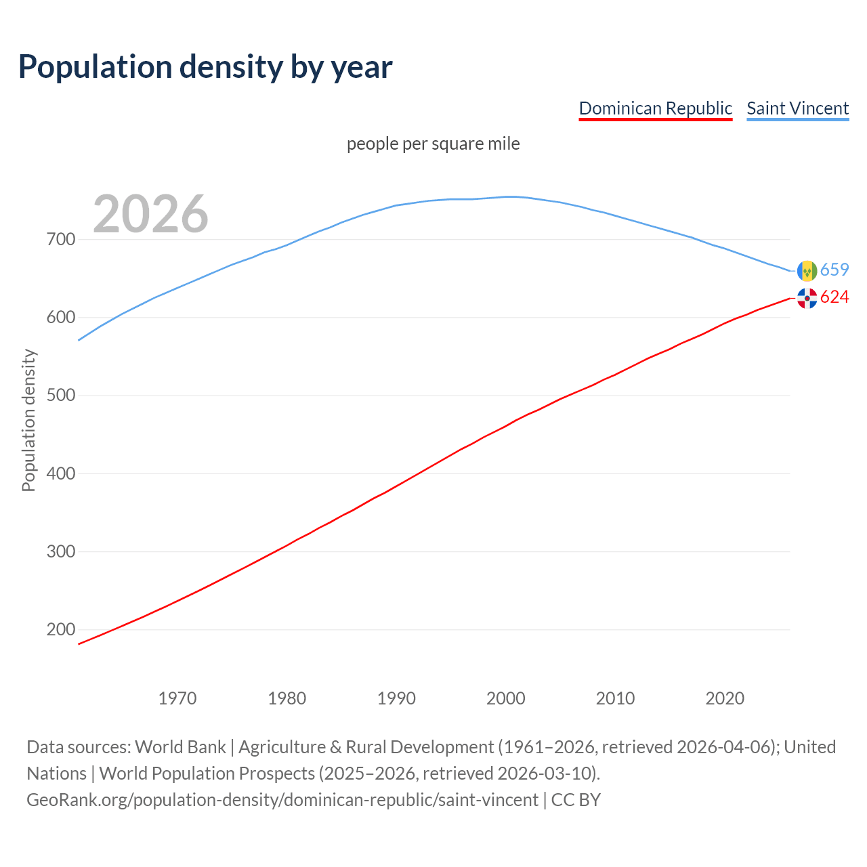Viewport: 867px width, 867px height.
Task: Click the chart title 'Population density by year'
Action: pos(205,66)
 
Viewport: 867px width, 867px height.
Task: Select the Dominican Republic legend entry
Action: pos(655,108)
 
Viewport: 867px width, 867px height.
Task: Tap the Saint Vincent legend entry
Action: pos(797,108)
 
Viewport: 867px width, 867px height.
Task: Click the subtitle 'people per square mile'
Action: pos(433,144)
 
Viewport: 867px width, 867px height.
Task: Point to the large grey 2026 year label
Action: pos(150,214)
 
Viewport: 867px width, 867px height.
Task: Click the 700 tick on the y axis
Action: pos(61,239)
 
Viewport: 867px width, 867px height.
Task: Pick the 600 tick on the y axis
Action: pos(61,317)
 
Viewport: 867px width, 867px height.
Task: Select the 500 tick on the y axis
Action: pos(61,395)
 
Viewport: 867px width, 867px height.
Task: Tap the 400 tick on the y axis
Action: pos(61,473)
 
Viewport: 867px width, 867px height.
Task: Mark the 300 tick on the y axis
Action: pos(61,551)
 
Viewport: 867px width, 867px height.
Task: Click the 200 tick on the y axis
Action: pos(61,629)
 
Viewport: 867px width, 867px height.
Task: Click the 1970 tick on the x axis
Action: pos(177,698)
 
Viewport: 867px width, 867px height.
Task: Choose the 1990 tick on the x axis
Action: pos(396,698)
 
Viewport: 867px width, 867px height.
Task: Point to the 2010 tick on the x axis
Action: pos(615,698)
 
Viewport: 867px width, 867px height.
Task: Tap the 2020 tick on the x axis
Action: pos(725,698)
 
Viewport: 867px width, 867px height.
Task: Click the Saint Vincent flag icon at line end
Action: pos(807,271)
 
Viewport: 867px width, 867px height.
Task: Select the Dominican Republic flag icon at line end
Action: pos(807,298)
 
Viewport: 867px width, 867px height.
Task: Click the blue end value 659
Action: pos(834,270)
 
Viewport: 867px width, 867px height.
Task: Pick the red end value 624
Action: pos(834,297)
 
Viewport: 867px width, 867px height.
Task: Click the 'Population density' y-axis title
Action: pos(28,420)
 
